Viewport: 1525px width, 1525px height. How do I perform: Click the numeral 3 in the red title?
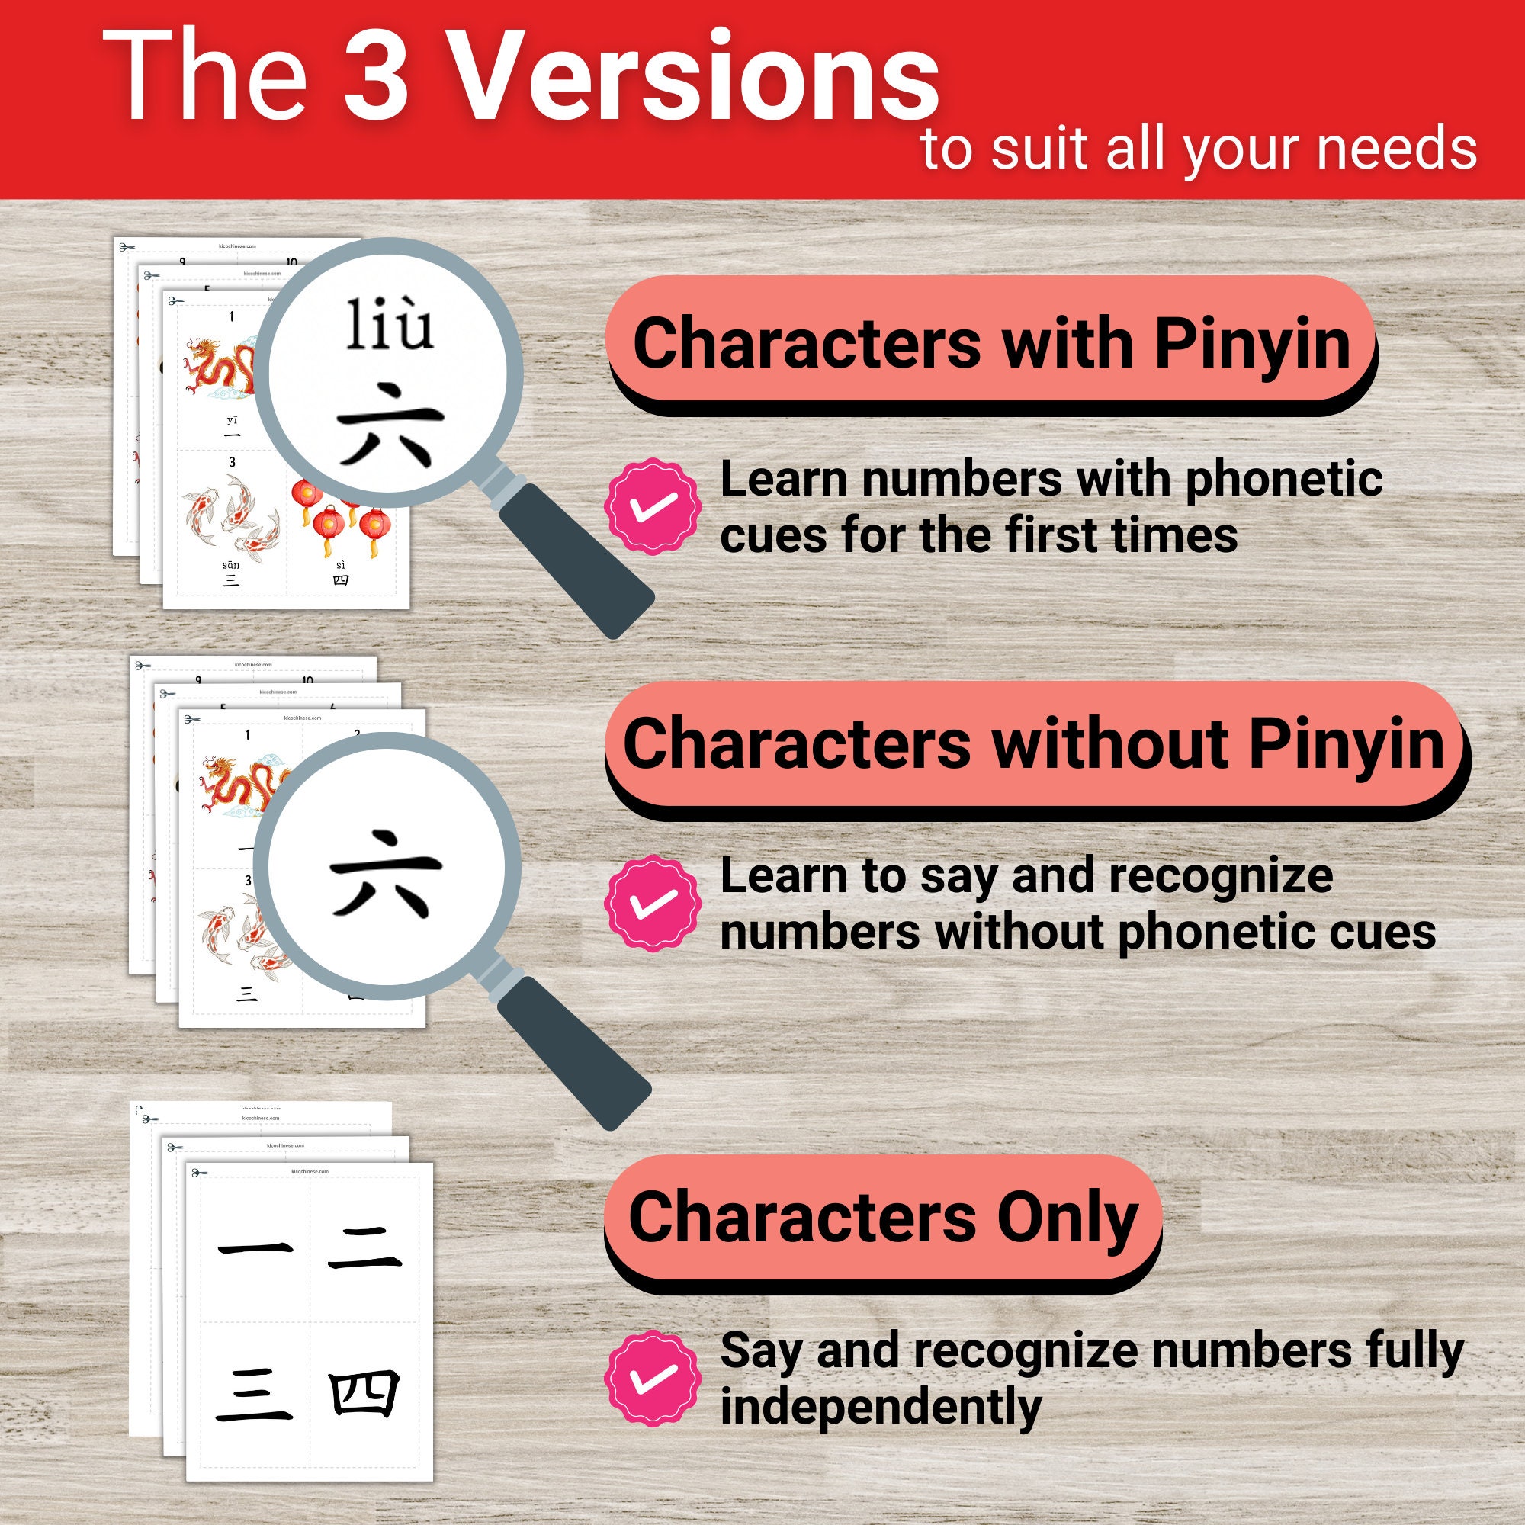pos(377,76)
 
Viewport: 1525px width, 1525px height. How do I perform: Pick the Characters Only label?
pos(882,1216)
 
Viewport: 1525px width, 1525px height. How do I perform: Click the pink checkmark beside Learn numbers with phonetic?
pos(653,506)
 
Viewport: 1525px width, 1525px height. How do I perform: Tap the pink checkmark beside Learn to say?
pos(653,902)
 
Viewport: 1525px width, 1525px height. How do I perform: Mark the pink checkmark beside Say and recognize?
pos(653,1377)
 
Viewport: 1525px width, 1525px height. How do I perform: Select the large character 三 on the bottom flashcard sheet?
pos(254,1395)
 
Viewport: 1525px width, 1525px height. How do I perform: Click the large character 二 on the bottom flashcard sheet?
pos(364,1249)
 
